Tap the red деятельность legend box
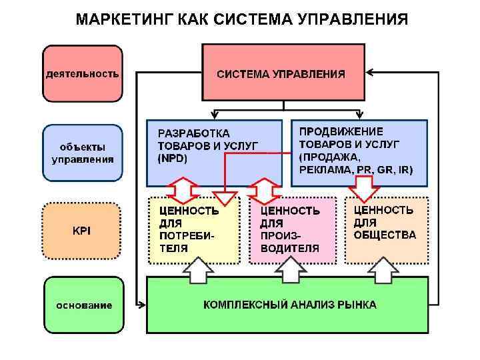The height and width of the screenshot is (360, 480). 82,73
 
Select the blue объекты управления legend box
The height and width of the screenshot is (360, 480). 82,153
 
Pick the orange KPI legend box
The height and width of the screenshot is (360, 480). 82,231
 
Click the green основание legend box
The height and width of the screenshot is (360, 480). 82,305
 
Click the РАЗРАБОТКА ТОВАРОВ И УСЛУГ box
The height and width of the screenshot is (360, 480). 214,153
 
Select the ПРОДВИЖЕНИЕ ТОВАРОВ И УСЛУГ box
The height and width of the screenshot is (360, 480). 359,153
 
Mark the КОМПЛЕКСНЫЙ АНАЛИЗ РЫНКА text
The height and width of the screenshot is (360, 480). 289,305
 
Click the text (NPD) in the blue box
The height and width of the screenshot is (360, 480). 173,159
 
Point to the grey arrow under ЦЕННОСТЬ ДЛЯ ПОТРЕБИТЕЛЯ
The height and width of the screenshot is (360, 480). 198,271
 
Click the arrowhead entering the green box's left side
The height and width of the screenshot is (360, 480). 142,305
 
